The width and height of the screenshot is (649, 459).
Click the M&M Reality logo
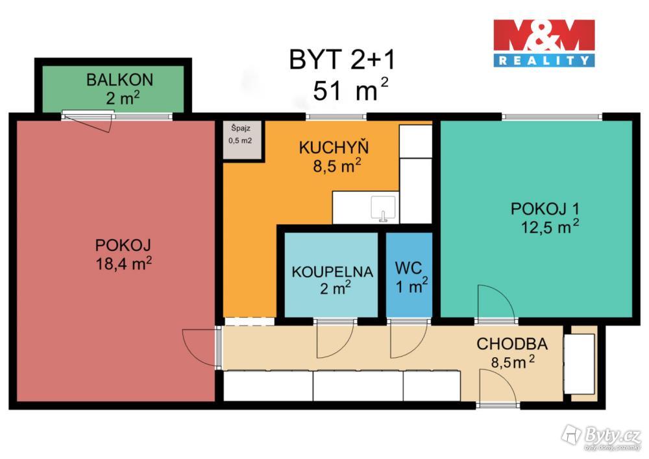coord(544,43)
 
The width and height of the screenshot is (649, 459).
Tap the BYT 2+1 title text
coord(342,60)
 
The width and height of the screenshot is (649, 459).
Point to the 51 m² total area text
coord(350,89)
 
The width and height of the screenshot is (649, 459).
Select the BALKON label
coord(119,80)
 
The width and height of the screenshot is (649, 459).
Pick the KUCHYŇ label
coord(334,148)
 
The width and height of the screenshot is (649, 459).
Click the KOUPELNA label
coord(332,272)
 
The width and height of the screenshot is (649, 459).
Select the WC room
coord(409,275)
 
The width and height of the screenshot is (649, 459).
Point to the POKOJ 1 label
coord(545,209)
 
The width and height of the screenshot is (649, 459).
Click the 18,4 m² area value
coord(124,263)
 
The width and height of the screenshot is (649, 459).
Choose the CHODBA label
coord(512,344)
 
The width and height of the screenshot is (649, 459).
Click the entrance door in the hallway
coord(498,387)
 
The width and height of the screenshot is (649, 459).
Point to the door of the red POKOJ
coord(199,347)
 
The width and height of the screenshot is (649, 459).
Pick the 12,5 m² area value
coord(550,227)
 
